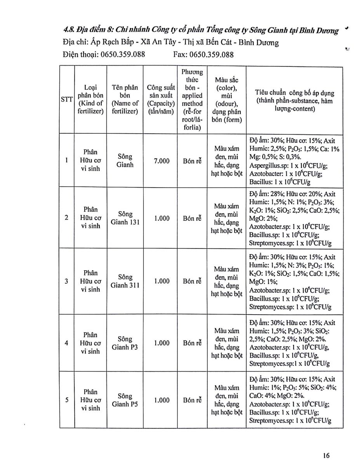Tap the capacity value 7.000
click(162, 161)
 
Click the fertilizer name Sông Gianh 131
click(125, 218)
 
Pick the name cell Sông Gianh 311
click(125, 282)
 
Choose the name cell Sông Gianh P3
click(125, 343)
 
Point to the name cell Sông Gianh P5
click(125, 400)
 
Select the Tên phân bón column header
click(125, 99)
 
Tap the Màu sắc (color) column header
click(227, 99)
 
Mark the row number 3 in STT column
click(67, 281)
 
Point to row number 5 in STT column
click(67, 400)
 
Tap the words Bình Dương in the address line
click(259, 42)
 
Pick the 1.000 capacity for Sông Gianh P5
click(162, 400)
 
